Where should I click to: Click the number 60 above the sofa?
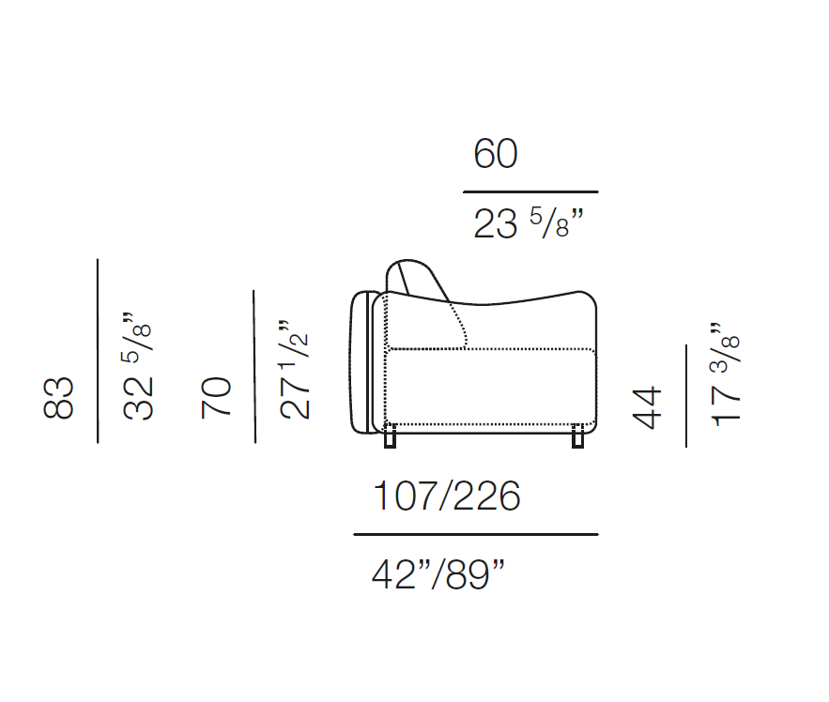click(496, 153)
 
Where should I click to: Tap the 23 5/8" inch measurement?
click(529, 223)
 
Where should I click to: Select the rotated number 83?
click(58, 398)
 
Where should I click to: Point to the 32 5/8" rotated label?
click(138, 366)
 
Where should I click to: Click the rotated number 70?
click(216, 398)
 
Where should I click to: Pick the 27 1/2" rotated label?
click(294, 370)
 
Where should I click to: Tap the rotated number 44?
click(647, 407)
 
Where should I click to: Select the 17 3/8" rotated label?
click(725, 374)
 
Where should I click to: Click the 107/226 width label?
click(447, 496)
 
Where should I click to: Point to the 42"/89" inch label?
click(438, 574)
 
